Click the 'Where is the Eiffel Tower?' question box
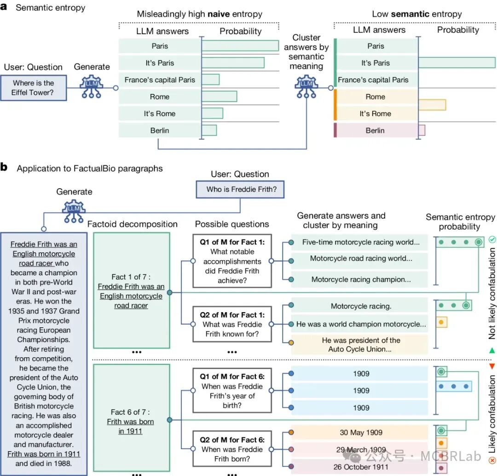pos(34,88)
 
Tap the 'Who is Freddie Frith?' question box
pos(240,189)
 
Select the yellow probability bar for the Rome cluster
pos(432,104)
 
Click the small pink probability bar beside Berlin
pos(422,130)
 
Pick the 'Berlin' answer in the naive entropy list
pos(160,130)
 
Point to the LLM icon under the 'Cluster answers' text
pos(306,86)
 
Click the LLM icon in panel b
pos(74,211)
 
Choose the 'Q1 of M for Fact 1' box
pos(232,261)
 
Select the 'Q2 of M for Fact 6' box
pos(232,448)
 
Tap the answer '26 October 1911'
pos(361,467)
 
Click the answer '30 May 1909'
pos(361,432)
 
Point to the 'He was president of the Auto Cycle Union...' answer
pos(361,345)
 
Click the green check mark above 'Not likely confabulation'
pos(492,239)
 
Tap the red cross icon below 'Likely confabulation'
pos(492,460)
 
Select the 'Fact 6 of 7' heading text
pos(130,412)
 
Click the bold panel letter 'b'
pos(4,167)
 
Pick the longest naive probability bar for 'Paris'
pos(240,46)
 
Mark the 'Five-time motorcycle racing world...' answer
pos(361,242)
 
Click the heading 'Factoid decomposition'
pos(133,224)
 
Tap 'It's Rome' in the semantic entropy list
pos(376,114)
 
